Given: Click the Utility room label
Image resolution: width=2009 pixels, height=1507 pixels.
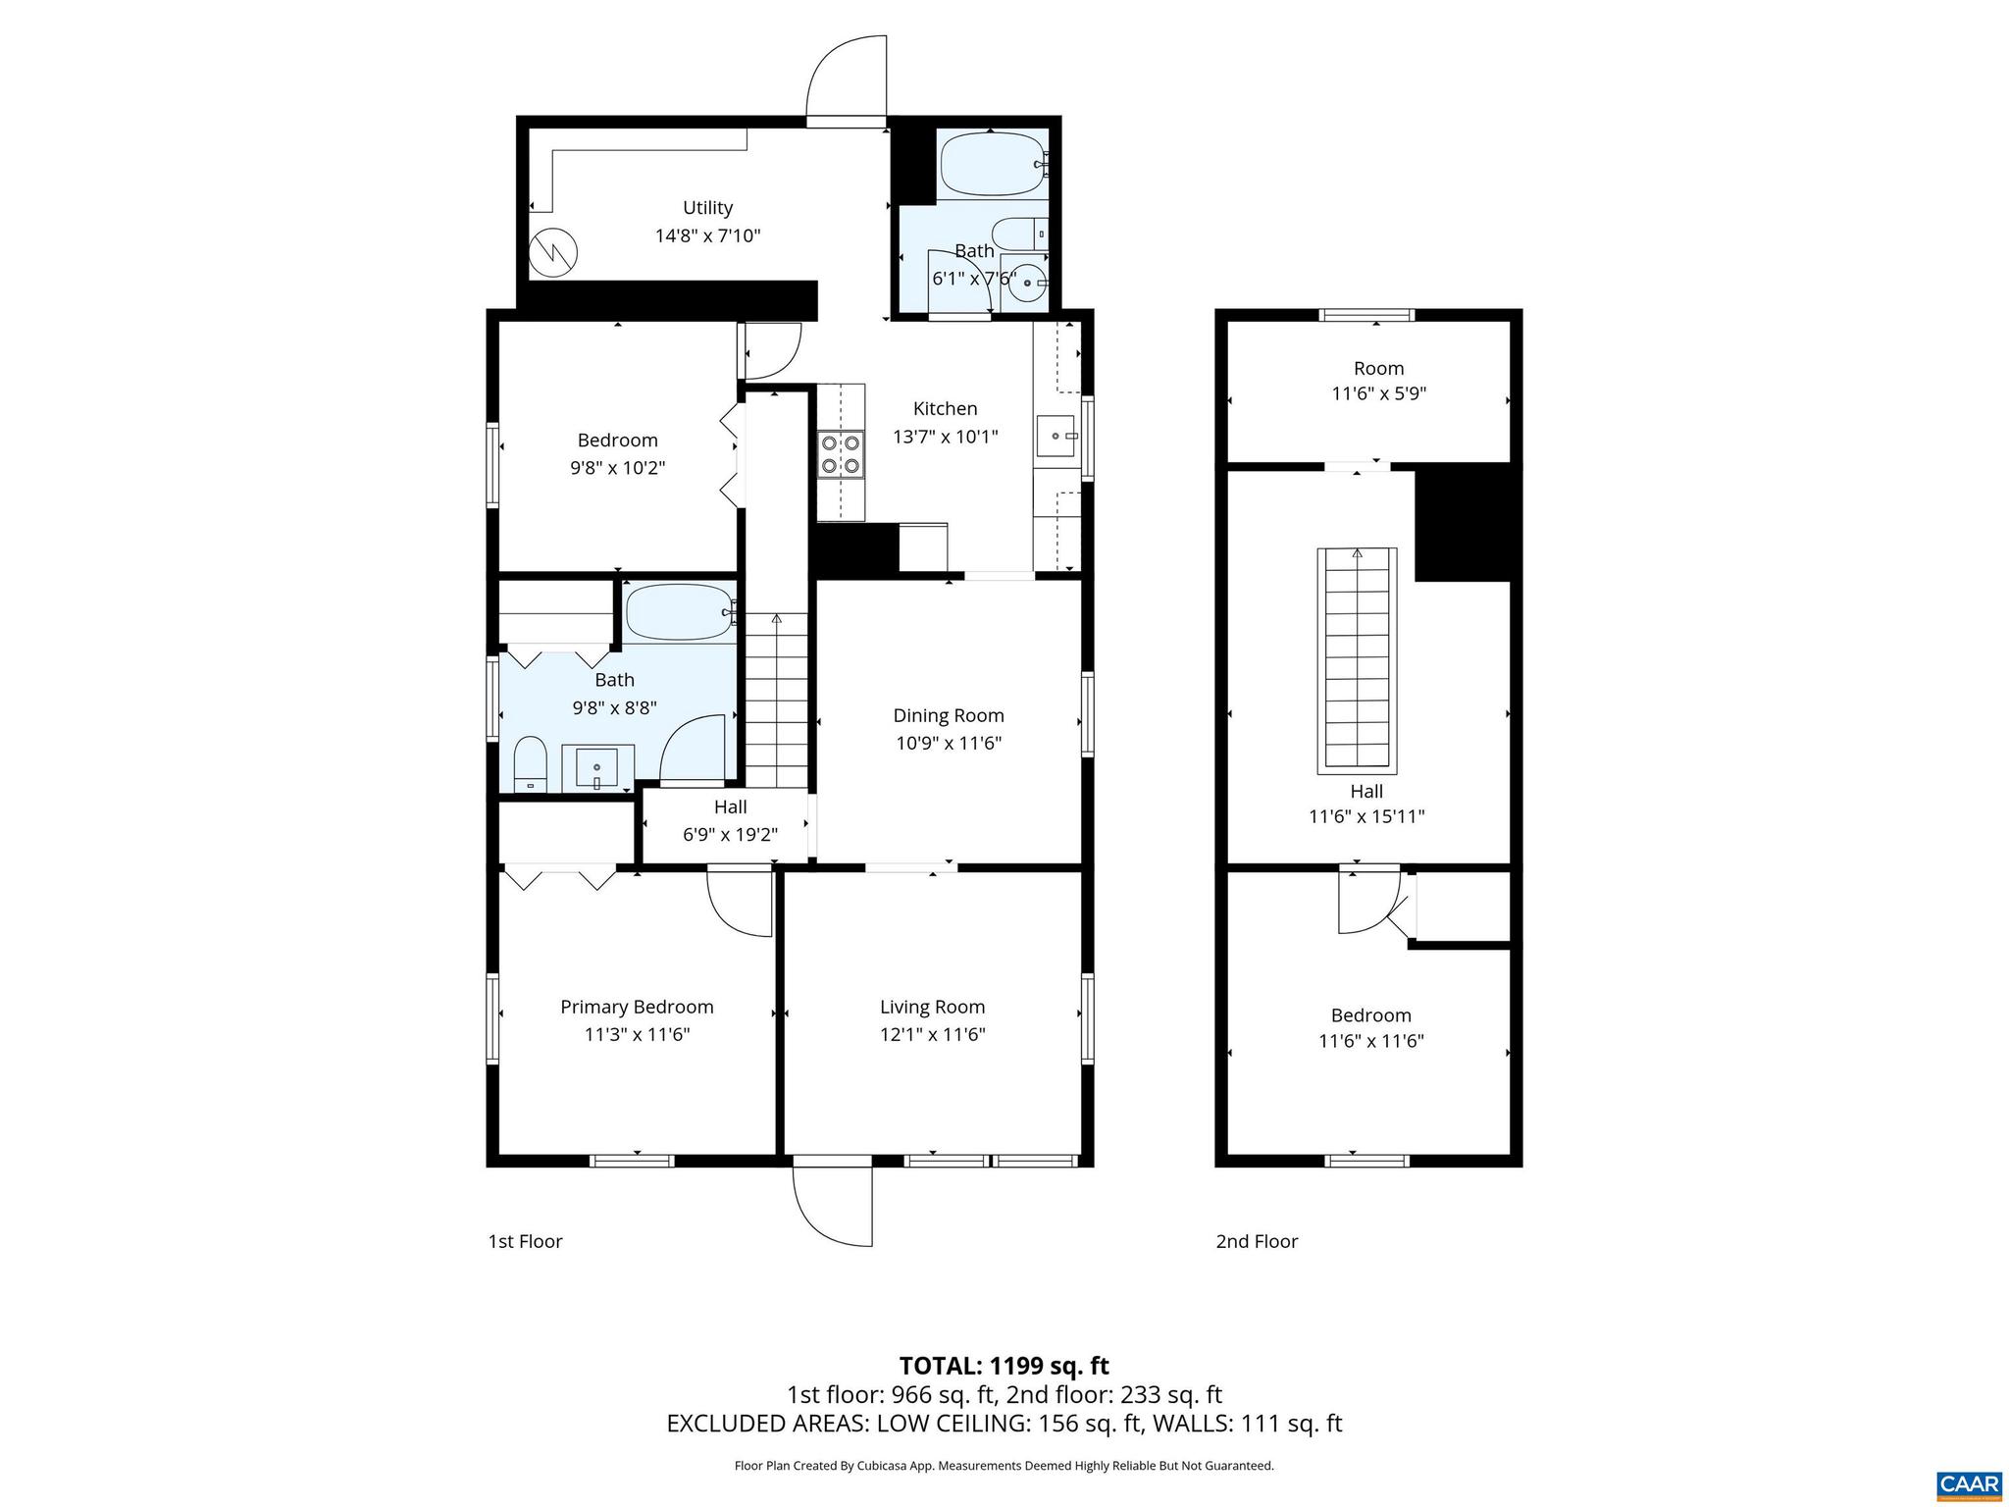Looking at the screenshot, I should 707,208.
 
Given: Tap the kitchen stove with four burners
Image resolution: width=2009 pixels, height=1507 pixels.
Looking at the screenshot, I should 841,454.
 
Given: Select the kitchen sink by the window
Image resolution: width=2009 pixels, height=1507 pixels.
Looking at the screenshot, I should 1056,435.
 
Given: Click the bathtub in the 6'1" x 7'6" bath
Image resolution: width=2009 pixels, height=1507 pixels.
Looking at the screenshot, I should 992,165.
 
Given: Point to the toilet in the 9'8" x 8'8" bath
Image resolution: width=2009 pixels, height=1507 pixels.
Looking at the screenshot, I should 530,762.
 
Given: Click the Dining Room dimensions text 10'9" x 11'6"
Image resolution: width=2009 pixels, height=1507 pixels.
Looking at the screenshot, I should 948,744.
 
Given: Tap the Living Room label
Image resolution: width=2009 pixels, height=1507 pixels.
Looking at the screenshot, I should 932,1007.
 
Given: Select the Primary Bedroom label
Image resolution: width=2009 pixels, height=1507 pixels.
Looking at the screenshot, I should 637,1007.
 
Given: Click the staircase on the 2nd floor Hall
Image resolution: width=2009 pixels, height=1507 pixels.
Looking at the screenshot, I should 1357,659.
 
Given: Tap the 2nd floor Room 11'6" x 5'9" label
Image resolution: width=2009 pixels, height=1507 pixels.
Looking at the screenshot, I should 1378,369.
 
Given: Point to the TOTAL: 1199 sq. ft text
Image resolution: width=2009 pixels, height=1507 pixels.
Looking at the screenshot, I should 1004,1366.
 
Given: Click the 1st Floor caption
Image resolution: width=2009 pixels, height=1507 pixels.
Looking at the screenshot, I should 525,1241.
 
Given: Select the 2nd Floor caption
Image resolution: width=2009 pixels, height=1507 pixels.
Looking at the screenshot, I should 1257,1241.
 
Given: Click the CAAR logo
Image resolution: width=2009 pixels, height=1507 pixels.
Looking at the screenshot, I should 1968,1482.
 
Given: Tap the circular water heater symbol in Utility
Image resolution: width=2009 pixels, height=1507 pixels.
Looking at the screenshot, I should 553,254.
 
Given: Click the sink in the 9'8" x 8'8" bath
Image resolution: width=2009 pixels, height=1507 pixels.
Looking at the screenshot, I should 596,767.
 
